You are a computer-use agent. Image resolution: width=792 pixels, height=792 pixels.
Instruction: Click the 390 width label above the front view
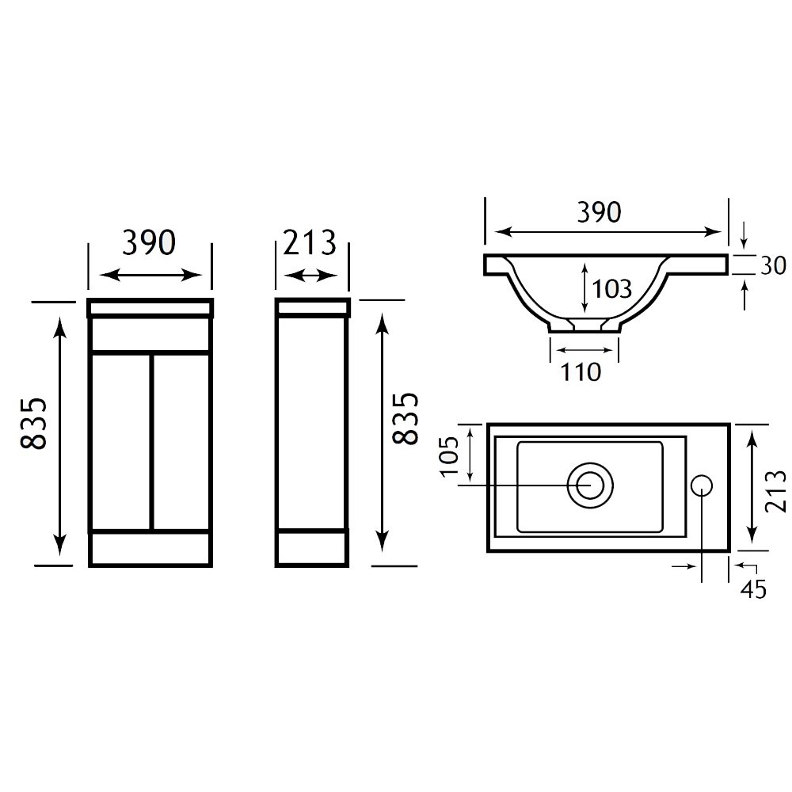coord(149,242)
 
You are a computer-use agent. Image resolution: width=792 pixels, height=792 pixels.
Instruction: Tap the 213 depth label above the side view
coord(309,242)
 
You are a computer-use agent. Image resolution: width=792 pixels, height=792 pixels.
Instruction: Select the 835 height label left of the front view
coord(34,423)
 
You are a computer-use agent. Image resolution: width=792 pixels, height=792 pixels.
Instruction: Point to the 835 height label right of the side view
coord(406,418)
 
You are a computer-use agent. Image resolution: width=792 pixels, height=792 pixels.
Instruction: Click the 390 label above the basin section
coord(600,212)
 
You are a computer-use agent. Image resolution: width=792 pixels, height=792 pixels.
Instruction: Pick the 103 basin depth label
coord(611,289)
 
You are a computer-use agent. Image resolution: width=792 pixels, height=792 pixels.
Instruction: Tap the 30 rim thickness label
coord(773,265)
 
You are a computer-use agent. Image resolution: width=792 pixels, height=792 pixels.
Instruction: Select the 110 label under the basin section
coord(581,372)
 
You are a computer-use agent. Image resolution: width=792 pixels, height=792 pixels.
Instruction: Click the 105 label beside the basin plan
coord(450,456)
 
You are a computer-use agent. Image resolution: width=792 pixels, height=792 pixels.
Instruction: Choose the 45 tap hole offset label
coord(753,589)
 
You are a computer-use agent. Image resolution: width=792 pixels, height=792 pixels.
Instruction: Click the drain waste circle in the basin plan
coord(590,485)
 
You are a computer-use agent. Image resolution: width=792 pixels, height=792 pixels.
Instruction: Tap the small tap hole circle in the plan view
coord(701,485)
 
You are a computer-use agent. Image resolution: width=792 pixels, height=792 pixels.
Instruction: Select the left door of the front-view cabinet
coord(120,442)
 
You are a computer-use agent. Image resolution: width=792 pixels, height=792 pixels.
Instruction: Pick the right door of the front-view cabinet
coord(181,442)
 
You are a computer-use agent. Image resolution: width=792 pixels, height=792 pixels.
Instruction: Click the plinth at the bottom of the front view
coord(150,549)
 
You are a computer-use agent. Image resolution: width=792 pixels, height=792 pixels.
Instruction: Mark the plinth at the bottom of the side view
coord(312,548)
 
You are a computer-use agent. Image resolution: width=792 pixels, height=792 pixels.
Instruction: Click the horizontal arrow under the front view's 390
coord(151,276)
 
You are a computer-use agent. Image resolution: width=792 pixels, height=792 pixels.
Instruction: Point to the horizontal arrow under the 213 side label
coord(310,276)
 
